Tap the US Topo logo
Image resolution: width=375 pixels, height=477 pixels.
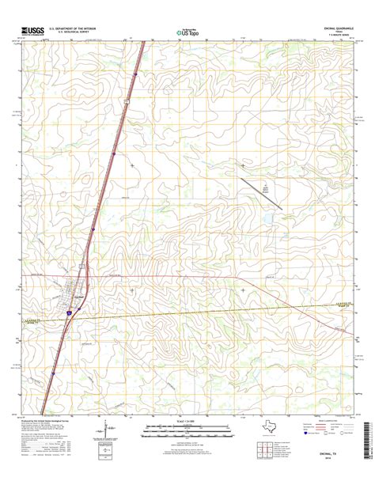[187, 32]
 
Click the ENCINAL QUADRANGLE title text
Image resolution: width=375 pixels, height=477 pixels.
[332, 27]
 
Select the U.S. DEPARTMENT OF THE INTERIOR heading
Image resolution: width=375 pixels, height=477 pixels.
[72, 28]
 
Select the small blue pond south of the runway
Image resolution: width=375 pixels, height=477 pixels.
[270, 214]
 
